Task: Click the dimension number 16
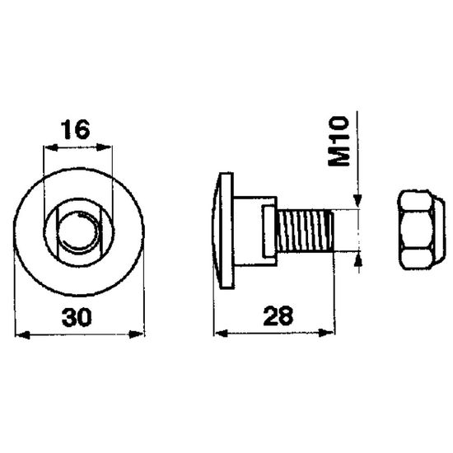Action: coord(75,129)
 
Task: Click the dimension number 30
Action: coord(77,317)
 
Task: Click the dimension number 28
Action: coord(278,316)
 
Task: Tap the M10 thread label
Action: coord(339,141)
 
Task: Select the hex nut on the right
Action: coord(421,230)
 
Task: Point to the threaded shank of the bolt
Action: coord(305,231)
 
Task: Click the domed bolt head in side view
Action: coord(223,231)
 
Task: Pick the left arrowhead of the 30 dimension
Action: coord(22,335)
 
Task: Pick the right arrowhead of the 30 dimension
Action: coord(136,334)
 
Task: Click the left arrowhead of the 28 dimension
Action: coord(221,334)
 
